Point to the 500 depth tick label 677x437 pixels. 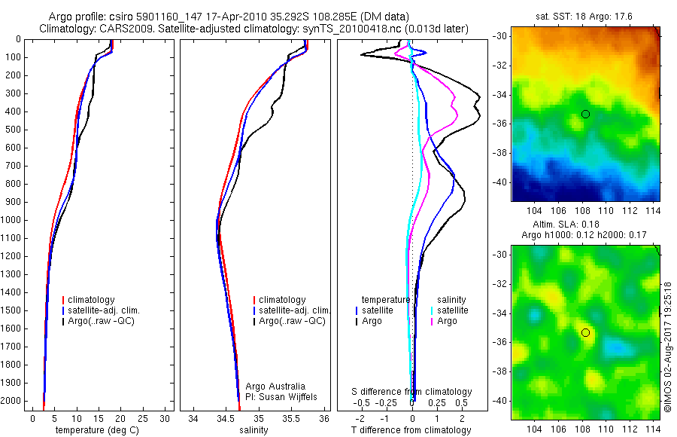point(13,130)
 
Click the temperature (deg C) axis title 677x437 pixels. point(97,430)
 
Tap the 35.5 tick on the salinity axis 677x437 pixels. point(291,418)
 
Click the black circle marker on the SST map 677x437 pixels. point(585,114)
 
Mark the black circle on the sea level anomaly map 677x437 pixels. point(585,332)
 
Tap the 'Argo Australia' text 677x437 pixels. point(275,387)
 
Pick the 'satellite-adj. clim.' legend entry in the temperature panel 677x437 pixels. point(104,310)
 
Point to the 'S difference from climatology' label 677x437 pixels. point(412,392)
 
